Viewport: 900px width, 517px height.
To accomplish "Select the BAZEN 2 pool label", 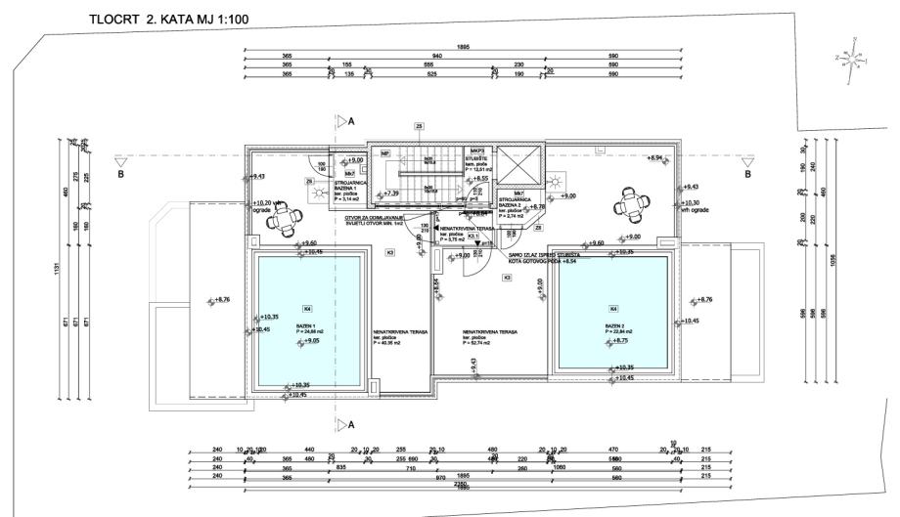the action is pyautogui.click(x=615, y=326).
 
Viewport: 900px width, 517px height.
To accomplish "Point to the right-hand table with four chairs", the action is pyautogui.click(x=631, y=205).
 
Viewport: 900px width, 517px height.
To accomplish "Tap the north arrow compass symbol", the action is pyautogui.click(x=855, y=58).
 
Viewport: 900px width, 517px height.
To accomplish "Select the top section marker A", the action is pyautogui.click(x=342, y=121).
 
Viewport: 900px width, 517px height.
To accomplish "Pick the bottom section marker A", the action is pyautogui.click(x=342, y=423).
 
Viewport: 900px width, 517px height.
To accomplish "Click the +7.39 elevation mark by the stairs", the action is pyautogui.click(x=390, y=194).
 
